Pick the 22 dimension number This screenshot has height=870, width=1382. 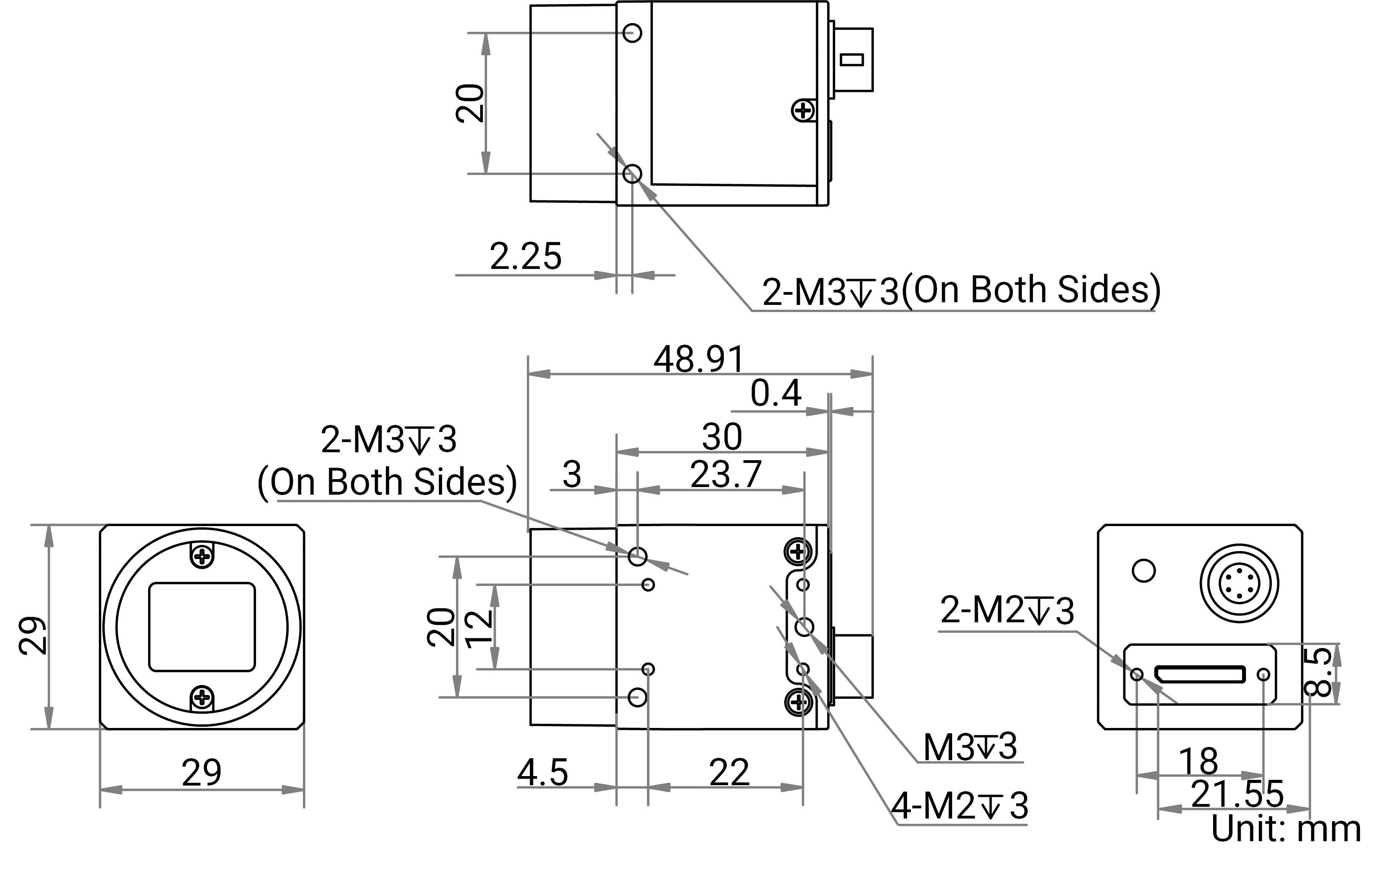729,772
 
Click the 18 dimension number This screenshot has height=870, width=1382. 1198,762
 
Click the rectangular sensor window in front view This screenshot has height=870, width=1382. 201,627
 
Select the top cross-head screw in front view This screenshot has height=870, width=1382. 201,556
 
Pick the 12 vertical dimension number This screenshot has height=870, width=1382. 480,628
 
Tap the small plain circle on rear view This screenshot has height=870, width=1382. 1144,570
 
